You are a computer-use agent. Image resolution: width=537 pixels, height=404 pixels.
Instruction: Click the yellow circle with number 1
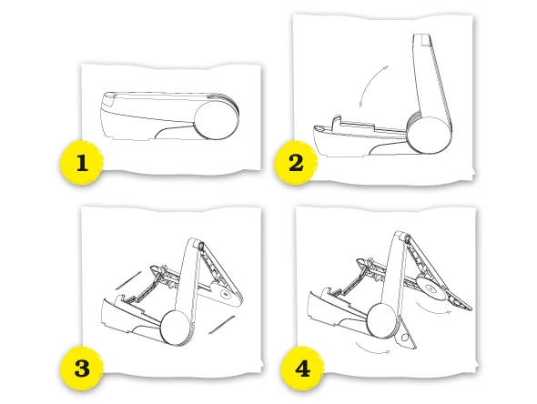[x=82, y=162]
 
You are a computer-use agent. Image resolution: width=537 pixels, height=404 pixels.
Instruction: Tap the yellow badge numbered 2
[x=296, y=162]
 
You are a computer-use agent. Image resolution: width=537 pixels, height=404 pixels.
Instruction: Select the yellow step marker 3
[x=82, y=368]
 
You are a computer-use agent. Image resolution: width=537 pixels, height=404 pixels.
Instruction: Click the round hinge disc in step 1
[x=216, y=120]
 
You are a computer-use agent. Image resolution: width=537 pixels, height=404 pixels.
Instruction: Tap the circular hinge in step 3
[x=175, y=328]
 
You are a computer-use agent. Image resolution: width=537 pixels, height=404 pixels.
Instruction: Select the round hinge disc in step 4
[x=380, y=320]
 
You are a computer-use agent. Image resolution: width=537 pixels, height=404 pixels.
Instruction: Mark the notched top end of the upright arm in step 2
[x=422, y=39]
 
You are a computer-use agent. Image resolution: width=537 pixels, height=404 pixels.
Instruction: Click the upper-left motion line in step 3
[x=128, y=281]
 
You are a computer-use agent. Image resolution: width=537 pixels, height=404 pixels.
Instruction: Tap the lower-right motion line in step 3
[x=221, y=325]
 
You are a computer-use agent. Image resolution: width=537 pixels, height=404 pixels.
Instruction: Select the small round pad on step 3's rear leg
[x=225, y=294]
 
